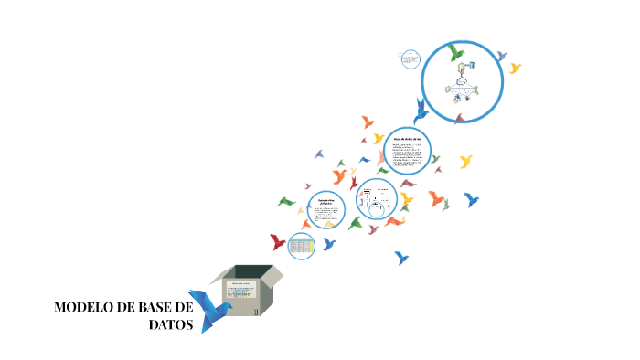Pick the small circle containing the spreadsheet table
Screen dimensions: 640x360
click(x=301, y=246)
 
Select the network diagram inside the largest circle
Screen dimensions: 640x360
click(x=463, y=78)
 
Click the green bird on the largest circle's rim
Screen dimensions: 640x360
click(x=456, y=53)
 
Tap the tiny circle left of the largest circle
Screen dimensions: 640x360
click(x=411, y=58)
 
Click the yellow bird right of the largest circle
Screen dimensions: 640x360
click(x=515, y=69)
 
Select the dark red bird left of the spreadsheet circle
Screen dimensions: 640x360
click(x=278, y=242)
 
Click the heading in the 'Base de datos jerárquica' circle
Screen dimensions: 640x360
click(x=328, y=201)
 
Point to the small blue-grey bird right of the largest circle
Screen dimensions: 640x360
click(x=501, y=56)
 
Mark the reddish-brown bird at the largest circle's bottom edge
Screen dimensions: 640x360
click(x=459, y=118)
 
